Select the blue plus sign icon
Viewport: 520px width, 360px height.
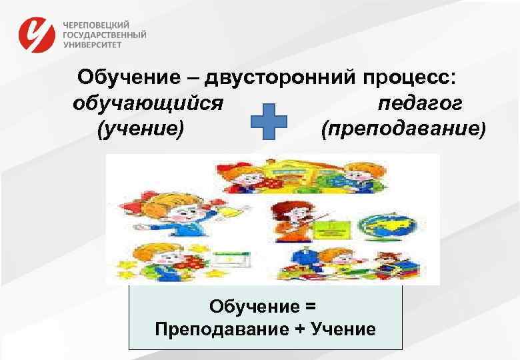click(x=268, y=121)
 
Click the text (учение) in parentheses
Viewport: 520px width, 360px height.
click(x=140, y=127)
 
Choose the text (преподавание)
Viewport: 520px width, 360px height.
click(x=404, y=127)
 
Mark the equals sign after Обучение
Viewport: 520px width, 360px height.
click(x=309, y=307)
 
